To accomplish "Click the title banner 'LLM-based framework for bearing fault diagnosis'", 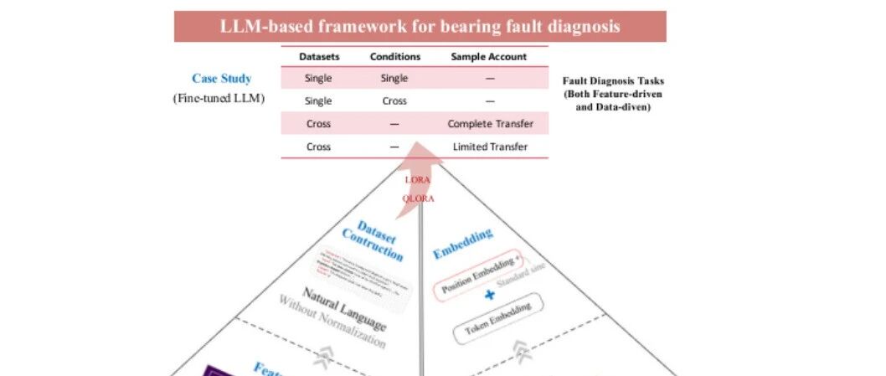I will [x=420, y=26].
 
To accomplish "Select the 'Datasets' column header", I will [x=319, y=57].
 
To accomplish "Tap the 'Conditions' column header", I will [x=394, y=57].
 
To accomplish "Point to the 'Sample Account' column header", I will [x=489, y=57].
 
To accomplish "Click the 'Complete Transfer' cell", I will [x=490, y=124].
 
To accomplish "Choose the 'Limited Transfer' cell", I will [x=490, y=147].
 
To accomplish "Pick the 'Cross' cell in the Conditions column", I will [x=394, y=101].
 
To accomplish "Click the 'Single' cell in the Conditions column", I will [x=394, y=79].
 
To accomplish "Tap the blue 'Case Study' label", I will [x=221, y=79].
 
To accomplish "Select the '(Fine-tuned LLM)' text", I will [x=219, y=98].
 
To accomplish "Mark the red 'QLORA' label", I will [x=418, y=198].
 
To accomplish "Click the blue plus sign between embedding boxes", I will [x=490, y=296].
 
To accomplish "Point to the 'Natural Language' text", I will [x=344, y=309].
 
